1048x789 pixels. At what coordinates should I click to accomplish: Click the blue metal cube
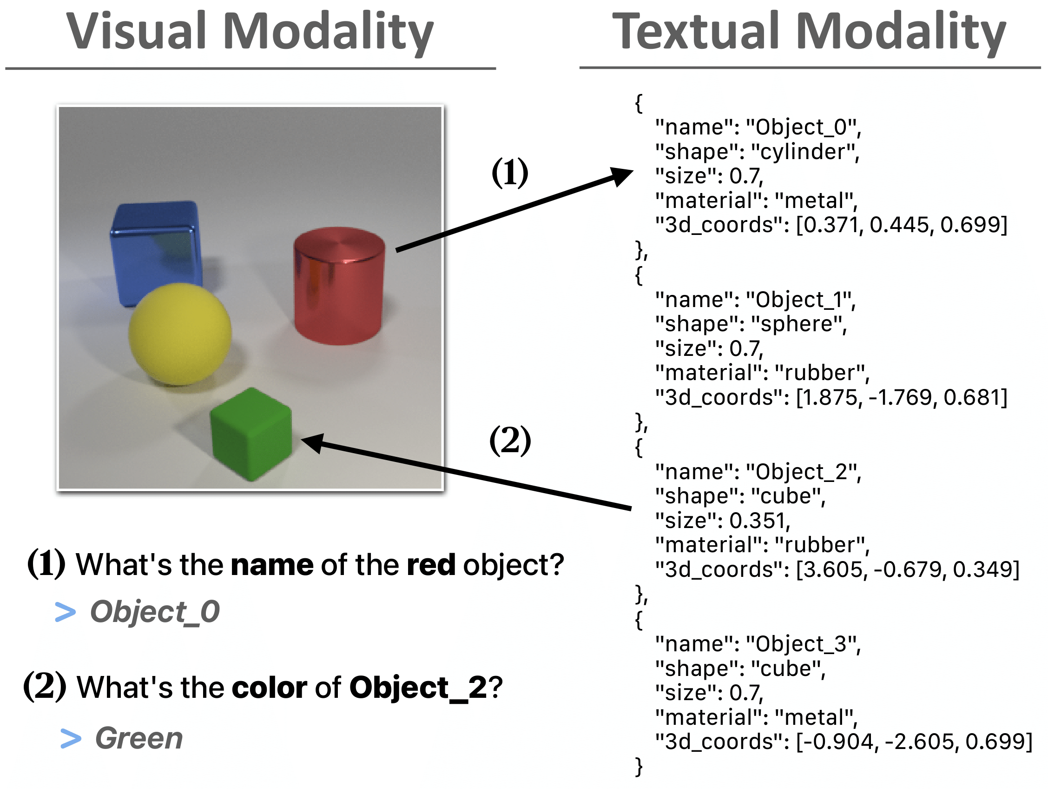[155, 251]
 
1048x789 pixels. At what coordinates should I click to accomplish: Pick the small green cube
[251, 435]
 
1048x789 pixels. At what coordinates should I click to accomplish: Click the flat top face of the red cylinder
[339, 245]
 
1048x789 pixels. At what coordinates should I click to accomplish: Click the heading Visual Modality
[250, 32]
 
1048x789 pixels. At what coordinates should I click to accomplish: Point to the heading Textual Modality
[809, 32]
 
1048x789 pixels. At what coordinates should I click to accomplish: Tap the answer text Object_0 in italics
[154, 612]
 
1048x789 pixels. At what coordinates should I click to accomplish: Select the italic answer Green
[139, 738]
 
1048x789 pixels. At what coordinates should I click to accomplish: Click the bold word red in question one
[431, 565]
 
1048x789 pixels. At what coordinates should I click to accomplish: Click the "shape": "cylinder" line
[757, 152]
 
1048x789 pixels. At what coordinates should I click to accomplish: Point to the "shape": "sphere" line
[751, 324]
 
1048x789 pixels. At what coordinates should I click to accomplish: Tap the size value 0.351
[759, 521]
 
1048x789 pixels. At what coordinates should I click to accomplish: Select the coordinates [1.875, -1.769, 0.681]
[901, 397]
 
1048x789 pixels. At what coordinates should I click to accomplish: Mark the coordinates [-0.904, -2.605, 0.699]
[913, 742]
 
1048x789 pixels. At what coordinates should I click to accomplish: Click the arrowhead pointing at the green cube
[313, 442]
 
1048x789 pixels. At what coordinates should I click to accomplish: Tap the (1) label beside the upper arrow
[510, 173]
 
